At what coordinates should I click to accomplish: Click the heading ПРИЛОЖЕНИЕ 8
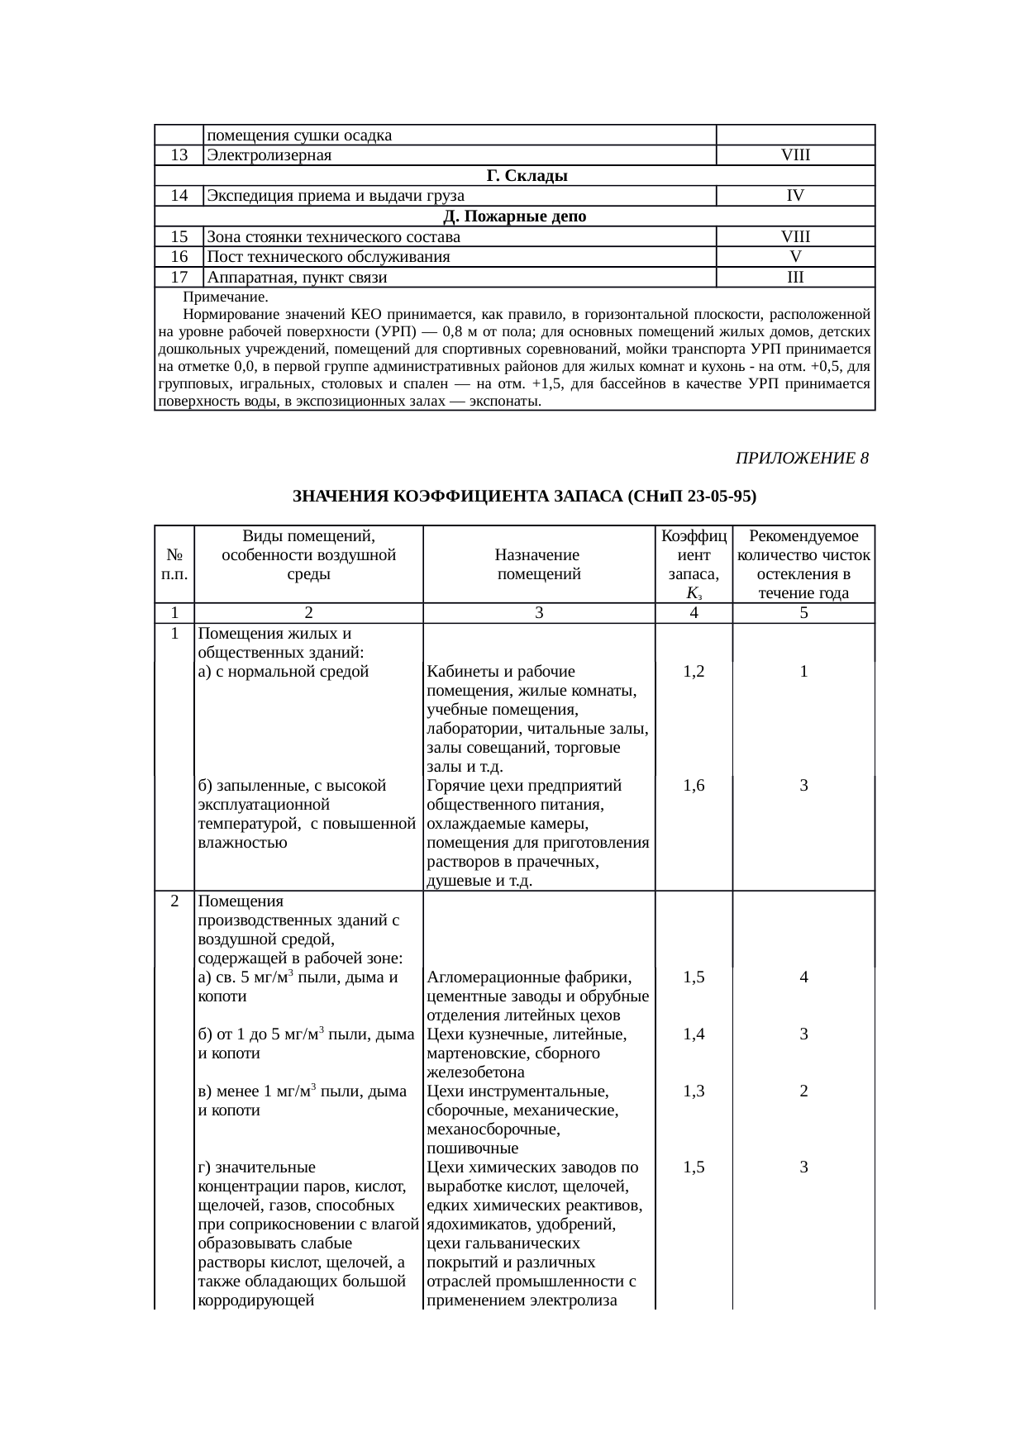[x=801, y=459]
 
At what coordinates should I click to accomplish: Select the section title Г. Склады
[x=527, y=176]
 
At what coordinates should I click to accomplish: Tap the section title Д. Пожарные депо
[x=515, y=216]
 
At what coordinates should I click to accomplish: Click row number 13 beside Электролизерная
[x=179, y=155]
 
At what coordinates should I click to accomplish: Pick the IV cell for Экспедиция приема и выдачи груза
[x=795, y=196]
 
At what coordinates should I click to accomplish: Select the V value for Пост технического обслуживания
[x=795, y=257]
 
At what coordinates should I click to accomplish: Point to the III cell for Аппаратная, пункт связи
[x=795, y=278]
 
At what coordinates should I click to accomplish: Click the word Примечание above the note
[x=225, y=297]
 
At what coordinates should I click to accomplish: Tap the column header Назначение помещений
[x=538, y=565]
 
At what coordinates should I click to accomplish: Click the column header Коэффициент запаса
[x=694, y=565]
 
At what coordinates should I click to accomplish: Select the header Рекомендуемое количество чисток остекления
[x=803, y=565]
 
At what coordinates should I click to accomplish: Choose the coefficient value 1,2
[x=694, y=673]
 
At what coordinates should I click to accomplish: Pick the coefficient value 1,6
[x=694, y=787]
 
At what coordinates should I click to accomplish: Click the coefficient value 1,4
[x=694, y=1034]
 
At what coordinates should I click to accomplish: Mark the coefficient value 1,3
[x=694, y=1091]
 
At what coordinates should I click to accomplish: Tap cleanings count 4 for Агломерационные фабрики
[x=803, y=977]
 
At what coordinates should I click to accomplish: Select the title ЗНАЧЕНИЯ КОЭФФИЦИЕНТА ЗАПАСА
[x=525, y=497]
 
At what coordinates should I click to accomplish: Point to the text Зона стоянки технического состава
[x=334, y=237]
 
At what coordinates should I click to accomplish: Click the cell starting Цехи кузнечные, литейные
[x=538, y=1053]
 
